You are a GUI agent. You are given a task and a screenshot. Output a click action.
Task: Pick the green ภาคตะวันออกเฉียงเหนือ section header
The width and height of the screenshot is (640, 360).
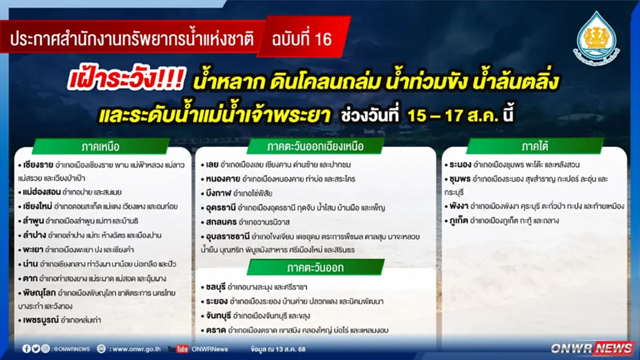point(315,146)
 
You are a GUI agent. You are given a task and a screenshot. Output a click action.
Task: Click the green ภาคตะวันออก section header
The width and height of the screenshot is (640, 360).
point(315,267)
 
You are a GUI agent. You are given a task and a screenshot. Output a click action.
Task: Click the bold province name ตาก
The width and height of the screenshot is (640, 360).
point(30,278)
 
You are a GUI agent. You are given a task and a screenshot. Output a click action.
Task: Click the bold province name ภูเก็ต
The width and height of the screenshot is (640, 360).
point(461,220)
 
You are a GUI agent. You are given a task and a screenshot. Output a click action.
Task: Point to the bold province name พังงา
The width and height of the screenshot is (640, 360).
point(460,206)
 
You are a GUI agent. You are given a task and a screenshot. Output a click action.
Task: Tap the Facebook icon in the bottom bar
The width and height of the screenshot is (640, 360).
point(27,349)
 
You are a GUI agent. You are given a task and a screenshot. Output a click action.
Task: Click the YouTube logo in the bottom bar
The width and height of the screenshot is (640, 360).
point(178,349)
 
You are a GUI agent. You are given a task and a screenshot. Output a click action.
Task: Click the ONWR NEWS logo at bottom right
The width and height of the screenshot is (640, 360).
point(592,348)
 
